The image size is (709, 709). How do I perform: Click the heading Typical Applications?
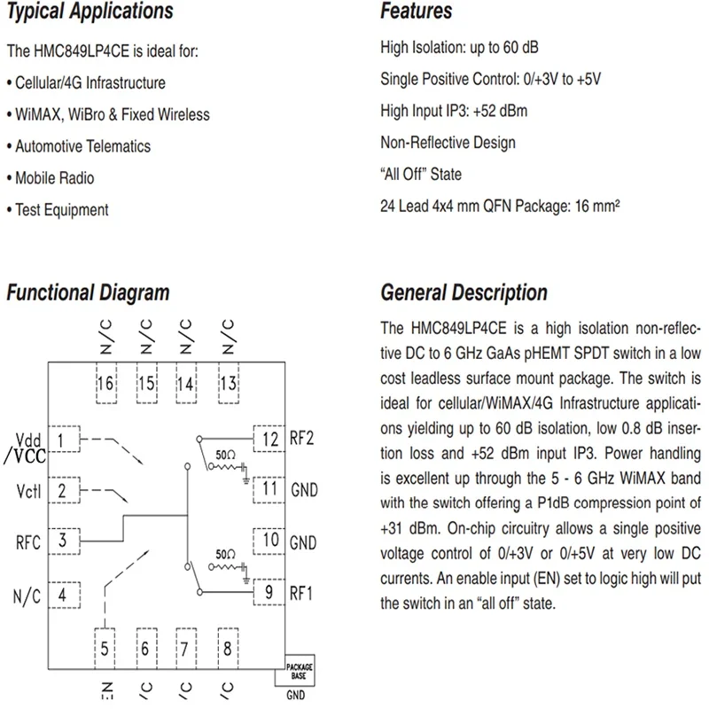coord(90,12)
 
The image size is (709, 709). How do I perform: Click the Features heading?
coord(416,12)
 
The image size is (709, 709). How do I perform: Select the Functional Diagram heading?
coord(88,292)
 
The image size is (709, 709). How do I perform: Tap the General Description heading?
coord(464,292)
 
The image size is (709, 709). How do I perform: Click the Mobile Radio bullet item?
coord(54,178)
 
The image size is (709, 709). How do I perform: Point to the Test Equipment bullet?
coord(61,210)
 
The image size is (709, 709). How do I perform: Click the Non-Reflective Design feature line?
coord(448,143)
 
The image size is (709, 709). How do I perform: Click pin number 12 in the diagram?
coord(268,438)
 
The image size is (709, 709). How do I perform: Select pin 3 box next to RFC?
coord(62,540)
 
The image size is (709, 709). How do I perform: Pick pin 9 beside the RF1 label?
coord(268,590)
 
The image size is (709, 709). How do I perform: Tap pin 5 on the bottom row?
coord(105,647)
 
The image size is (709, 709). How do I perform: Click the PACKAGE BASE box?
coord(298,671)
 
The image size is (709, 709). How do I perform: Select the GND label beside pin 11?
coord(303,489)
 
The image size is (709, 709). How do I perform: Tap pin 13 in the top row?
coord(228,384)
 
